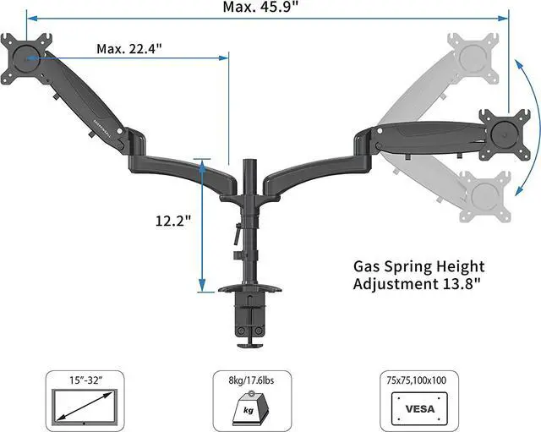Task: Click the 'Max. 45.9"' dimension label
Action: (260, 7)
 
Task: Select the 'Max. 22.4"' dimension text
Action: (129, 49)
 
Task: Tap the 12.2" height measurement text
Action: (172, 221)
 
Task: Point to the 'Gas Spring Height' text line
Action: (419, 267)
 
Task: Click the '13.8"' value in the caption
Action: (461, 284)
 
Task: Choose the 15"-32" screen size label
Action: (86, 380)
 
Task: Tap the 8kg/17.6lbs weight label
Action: (251, 380)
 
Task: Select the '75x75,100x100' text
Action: (416, 380)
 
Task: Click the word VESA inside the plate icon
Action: (420, 409)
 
